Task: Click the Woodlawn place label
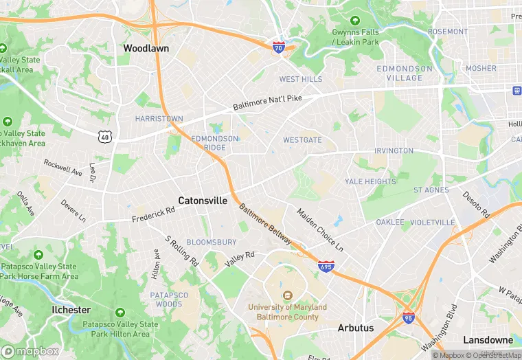click(146, 49)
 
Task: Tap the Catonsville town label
click(203, 201)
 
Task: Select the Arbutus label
click(356, 328)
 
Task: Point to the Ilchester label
click(71, 310)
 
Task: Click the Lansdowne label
click(488, 340)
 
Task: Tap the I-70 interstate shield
click(278, 46)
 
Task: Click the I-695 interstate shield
click(326, 265)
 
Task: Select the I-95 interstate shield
click(408, 317)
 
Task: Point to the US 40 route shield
click(105, 137)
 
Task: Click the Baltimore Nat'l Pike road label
click(267, 103)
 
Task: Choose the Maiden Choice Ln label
click(320, 231)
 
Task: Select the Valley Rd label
click(240, 258)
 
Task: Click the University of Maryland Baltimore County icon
click(288, 295)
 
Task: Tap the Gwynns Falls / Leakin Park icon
click(355, 21)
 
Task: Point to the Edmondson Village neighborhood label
click(405, 73)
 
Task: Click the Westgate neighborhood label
click(302, 140)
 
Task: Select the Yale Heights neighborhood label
click(370, 181)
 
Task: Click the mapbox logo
click(30, 351)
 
